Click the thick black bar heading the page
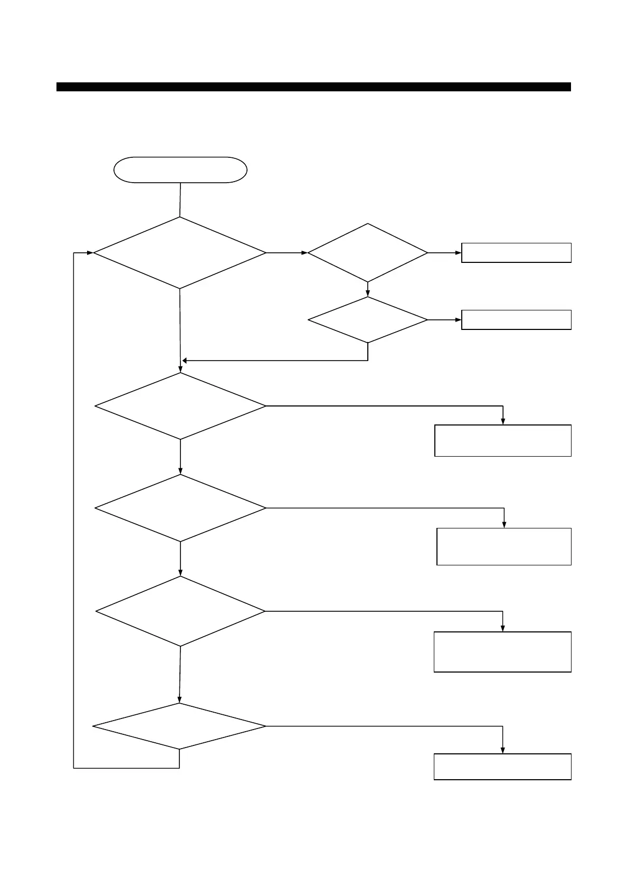tap(313, 87)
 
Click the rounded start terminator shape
tap(180, 170)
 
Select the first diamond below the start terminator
tap(180, 253)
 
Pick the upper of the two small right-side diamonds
tap(368, 253)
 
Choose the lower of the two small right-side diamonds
tap(368, 320)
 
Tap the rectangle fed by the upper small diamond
tap(516, 253)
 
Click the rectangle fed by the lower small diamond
tap(516, 320)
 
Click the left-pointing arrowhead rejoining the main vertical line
tap(184, 361)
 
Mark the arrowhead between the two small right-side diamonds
tap(368, 294)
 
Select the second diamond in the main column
tap(180, 406)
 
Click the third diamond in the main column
tap(180, 508)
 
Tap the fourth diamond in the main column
tap(180, 611)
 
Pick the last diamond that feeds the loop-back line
tap(179, 726)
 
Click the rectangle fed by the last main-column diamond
tap(502, 767)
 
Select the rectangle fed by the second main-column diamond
tap(503, 440)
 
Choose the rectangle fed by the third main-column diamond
tap(504, 546)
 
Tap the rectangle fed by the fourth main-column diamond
tap(502, 651)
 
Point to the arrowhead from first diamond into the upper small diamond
tap(304, 253)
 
